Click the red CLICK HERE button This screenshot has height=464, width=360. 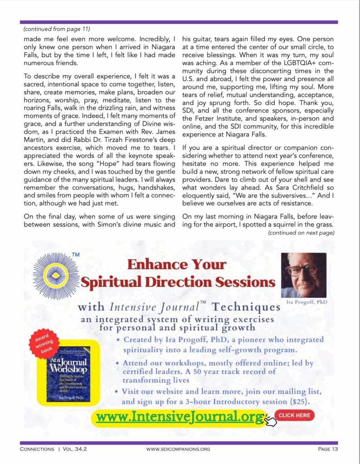pyautogui.click(x=294, y=415)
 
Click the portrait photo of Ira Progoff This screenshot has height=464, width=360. pyautogui.click(x=303, y=275)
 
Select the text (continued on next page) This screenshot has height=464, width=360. pyautogui.click(x=301, y=233)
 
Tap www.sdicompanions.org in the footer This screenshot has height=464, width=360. pyautogui.click(x=178, y=449)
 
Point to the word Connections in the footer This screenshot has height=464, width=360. pyautogui.click(x=37, y=449)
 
